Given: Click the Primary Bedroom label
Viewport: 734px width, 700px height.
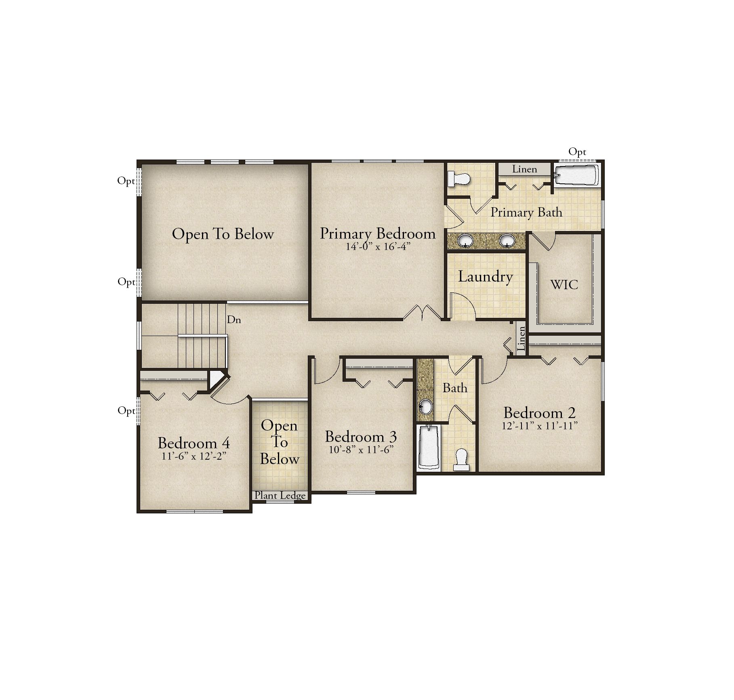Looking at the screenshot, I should click(x=378, y=234).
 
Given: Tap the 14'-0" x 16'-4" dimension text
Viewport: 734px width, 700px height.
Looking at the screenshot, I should click(x=378, y=246).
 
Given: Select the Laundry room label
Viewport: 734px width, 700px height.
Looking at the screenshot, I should click(x=485, y=277).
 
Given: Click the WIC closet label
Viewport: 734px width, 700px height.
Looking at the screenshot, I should click(x=564, y=285).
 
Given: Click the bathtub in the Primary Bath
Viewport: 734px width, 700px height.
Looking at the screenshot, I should click(x=576, y=175).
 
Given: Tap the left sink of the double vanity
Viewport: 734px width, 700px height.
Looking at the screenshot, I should click(x=465, y=241).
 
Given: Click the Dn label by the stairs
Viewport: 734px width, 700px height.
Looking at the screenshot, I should click(x=234, y=320).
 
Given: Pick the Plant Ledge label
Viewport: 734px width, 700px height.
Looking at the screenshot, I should click(x=280, y=496).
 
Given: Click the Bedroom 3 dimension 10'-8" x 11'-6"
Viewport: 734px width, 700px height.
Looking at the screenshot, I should click(x=361, y=450).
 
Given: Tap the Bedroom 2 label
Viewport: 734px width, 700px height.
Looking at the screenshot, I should click(x=540, y=413).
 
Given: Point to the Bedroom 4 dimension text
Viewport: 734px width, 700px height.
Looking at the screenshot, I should click(x=193, y=456).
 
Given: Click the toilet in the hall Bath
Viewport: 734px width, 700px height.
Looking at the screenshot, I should click(x=461, y=460).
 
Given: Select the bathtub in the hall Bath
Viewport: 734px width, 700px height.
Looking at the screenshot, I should click(x=429, y=448).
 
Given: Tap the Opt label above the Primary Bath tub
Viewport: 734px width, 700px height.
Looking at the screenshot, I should click(x=577, y=152).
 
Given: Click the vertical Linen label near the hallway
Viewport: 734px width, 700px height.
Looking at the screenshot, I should click(x=521, y=339).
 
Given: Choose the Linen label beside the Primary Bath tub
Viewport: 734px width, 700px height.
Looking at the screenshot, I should click(x=524, y=169).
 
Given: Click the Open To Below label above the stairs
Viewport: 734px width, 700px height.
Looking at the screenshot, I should click(x=223, y=234).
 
